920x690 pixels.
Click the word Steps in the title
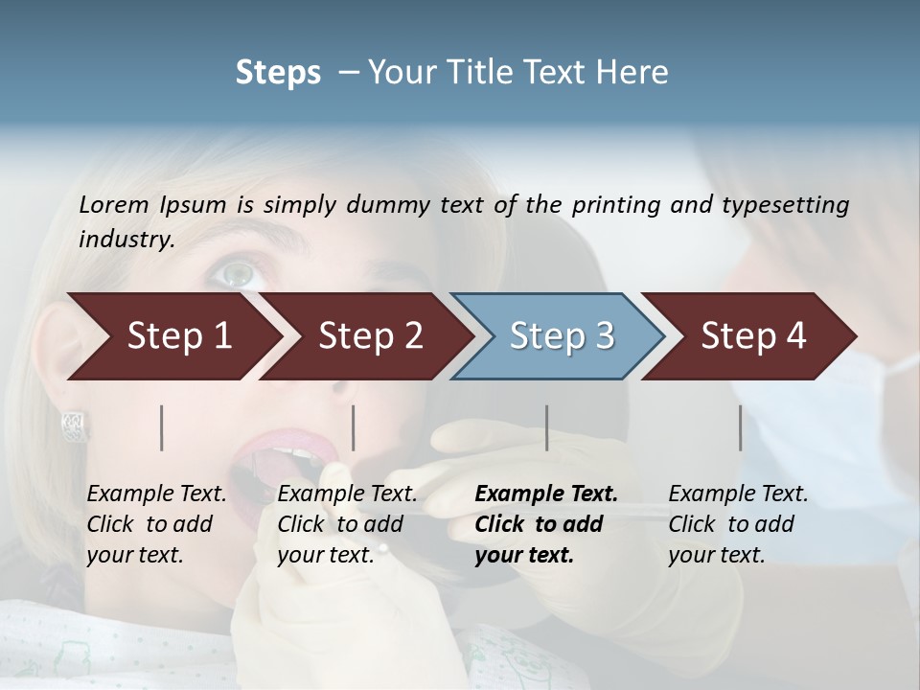[x=278, y=73]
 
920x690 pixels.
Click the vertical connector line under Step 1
[x=162, y=427]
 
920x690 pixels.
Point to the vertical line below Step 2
[x=354, y=427]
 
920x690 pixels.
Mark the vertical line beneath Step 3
[x=547, y=427]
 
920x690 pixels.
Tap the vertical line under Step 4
[x=740, y=427]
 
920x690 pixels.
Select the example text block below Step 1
[x=156, y=524]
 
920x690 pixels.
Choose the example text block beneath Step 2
[x=347, y=524]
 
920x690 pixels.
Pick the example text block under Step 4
[x=738, y=524]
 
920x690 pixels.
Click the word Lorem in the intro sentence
[x=114, y=204]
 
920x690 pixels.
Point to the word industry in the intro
[x=126, y=240]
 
